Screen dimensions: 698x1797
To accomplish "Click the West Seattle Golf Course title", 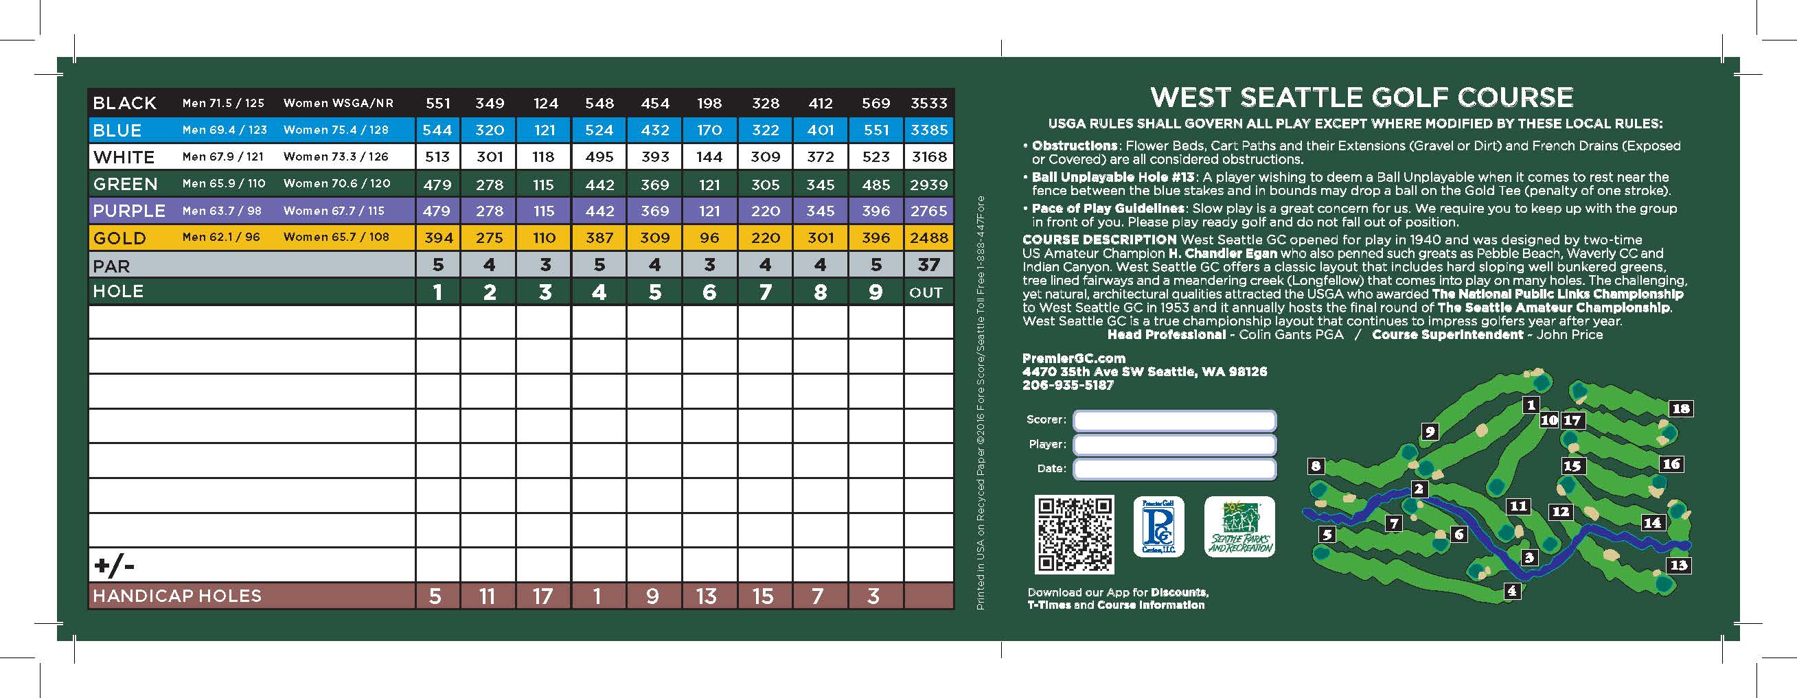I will tap(1362, 97).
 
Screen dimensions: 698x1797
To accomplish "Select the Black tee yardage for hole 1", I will tap(438, 103).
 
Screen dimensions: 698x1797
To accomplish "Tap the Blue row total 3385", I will tap(928, 130).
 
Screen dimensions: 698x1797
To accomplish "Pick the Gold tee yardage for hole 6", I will tap(709, 237).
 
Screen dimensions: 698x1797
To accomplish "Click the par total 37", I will tap(928, 265).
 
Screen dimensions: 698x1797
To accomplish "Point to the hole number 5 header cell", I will tap(654, 292).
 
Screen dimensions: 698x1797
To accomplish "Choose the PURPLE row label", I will tap(129, 211).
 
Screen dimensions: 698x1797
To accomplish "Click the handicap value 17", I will tap(542, 596).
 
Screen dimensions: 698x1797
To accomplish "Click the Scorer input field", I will tap(1175, 421).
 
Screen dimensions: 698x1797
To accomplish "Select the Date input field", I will tap(1175, 469).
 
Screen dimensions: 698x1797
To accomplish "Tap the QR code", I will tap(1075, 534).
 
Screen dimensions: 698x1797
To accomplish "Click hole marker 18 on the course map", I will tap(1680, 408).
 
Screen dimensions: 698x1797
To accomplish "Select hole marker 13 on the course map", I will tap(1678, 565).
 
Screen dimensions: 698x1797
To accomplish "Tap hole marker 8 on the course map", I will tap(1316, 466).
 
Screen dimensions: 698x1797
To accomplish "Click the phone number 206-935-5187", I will tap(1068, 385).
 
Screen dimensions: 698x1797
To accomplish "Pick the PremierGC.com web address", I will tap(1073, 358).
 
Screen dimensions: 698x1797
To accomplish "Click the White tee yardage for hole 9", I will tap(875, 157).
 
